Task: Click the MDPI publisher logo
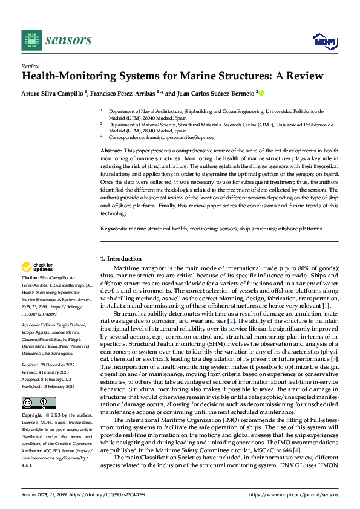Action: click(x=324, y=41)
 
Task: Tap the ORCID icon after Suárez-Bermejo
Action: click(x=261, y=93)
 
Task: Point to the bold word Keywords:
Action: click(x=114, y=229)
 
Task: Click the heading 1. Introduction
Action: click(x=122, y=259)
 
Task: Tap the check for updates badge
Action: click(x=38, y=267)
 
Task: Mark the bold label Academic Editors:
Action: click(x=38, y=325)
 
